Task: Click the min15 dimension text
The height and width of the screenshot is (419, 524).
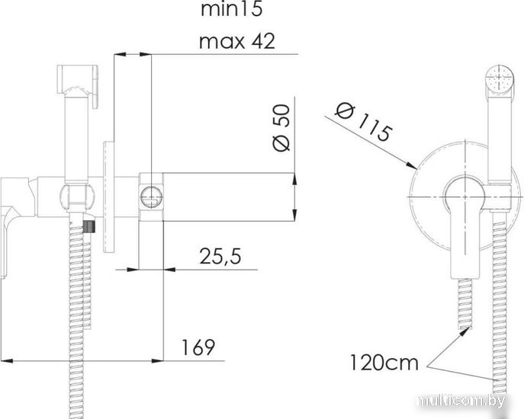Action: [232, 8]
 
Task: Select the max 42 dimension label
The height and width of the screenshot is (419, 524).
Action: [237, 41]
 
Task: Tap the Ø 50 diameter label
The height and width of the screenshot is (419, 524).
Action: [281, 127]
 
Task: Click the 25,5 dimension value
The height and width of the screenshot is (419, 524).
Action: [220, 257]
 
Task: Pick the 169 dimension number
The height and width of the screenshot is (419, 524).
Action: [198, 347]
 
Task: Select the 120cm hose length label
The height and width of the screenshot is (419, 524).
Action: [384, 363]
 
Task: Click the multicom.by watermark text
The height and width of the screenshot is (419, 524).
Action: [461, 401]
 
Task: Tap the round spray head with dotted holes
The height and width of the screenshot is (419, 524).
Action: [500, 78]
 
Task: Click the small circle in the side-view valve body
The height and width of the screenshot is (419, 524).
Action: [151, 197]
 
